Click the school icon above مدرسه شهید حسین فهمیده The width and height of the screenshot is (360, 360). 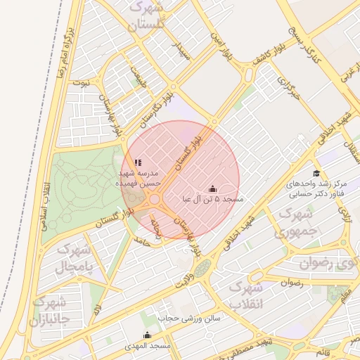pos(138,162)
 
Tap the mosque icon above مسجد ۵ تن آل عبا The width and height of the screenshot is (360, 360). pos(213,188)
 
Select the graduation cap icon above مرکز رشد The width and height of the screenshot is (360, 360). pos(316,173)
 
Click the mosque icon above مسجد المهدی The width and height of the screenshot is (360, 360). pos(147,335)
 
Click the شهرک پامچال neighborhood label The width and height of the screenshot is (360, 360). pos(72,259)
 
